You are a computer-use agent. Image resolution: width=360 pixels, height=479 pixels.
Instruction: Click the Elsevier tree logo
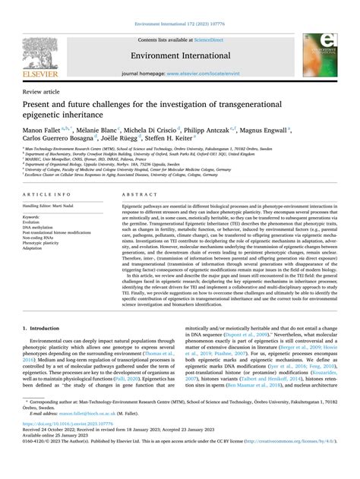47,46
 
